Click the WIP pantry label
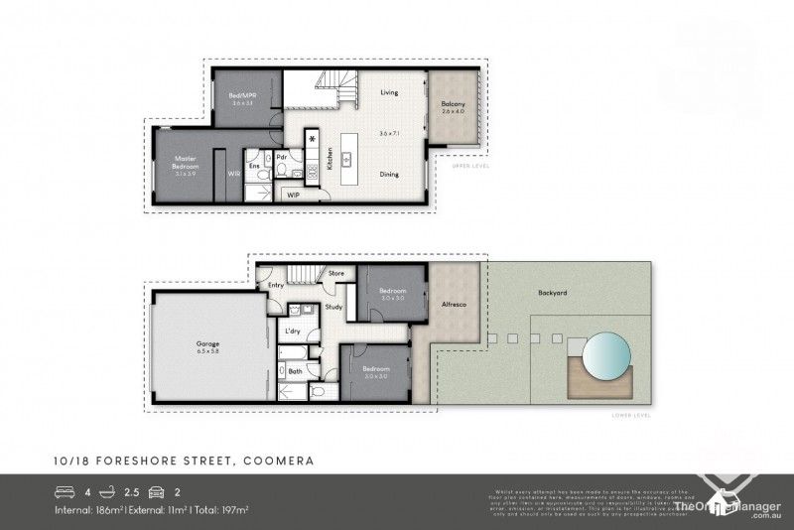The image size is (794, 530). (x=293, y=196)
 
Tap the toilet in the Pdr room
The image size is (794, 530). (x=284, y=173)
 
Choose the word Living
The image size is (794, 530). (x=389, y=92)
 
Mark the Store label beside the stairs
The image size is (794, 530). (x=335, y=272)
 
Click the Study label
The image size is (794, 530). (x=334, y=307)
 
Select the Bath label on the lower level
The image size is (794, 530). (x=295, y=372)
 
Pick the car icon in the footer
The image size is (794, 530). (x=156, y=490)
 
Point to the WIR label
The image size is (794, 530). (x=234, y=172)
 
